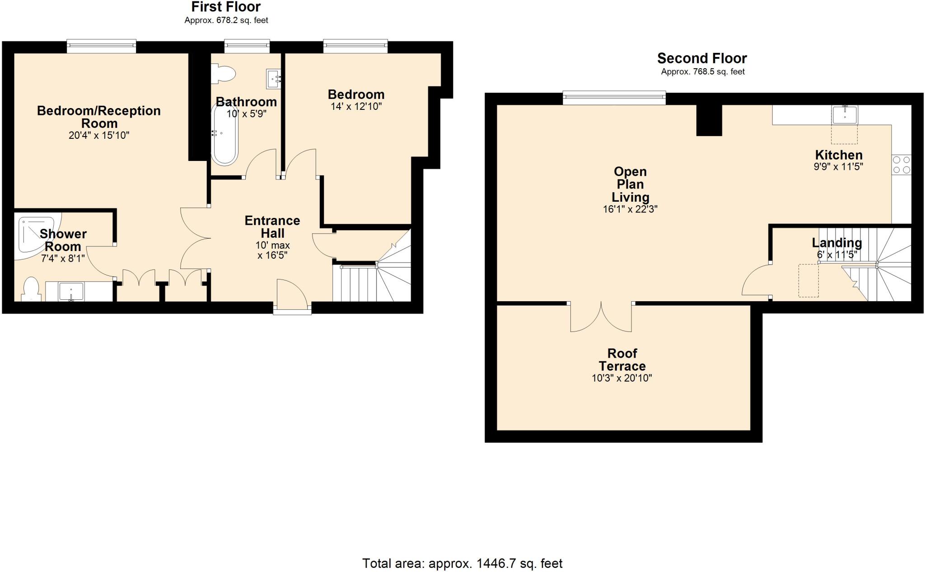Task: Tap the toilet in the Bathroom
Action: click(224, 74)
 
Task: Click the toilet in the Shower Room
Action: click(31, 289)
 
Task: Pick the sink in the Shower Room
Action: click(71, 292)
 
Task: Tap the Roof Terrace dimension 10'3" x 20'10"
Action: click(621, 378)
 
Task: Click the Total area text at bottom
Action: click(462, 563)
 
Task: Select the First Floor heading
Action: click(226, 7)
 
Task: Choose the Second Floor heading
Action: click(702, 58)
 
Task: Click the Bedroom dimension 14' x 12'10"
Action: click(356, 107)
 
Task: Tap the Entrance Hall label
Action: click(272, 227)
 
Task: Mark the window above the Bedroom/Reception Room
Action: click(102, 44)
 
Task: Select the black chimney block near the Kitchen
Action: click(709, 120)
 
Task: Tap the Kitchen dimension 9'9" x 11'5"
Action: click(838, 167)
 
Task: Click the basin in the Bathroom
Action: click(274, 80)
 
